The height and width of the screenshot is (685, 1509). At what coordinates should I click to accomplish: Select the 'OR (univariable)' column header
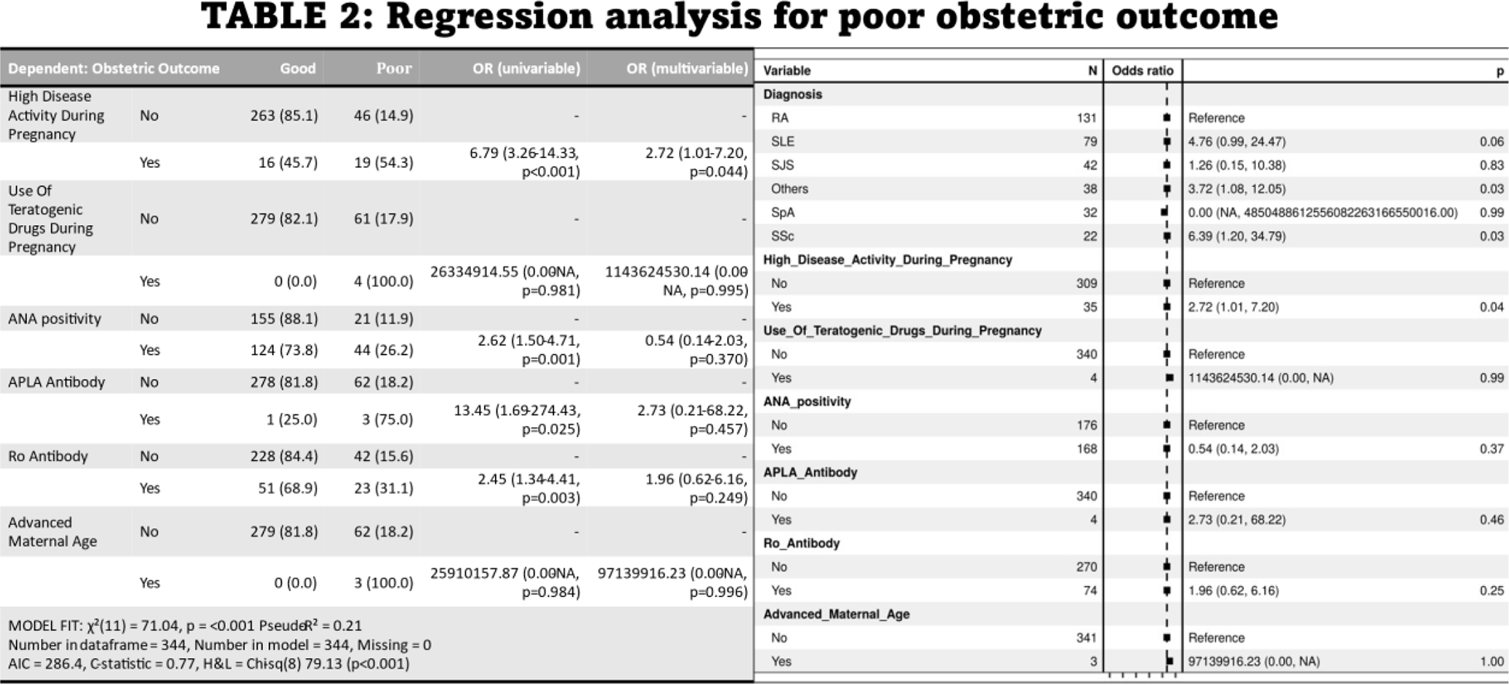[526, 69]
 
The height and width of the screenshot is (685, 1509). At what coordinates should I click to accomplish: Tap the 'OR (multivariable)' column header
[687, 69]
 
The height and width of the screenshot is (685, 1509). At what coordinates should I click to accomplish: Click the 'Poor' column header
[394, 69]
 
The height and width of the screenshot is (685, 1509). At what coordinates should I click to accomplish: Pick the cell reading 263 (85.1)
[284, 115]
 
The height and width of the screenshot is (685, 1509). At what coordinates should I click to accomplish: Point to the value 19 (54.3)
[384, 162]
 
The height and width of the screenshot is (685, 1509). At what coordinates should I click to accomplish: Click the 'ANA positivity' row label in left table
[54, 319]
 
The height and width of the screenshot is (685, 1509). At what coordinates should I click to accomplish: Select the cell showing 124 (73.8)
[284, 350]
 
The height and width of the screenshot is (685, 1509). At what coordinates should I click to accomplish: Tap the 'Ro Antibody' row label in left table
[48, 456]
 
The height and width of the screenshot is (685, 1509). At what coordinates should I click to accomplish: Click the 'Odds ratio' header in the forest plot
[1142, 71]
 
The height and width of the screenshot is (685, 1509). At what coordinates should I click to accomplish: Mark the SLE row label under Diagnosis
[782, 141]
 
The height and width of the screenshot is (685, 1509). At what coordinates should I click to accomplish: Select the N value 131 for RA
[1086, 118]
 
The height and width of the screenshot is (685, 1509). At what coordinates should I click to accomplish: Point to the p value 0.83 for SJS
[1491, 165]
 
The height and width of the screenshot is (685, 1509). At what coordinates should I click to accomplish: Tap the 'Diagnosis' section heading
[792, 94]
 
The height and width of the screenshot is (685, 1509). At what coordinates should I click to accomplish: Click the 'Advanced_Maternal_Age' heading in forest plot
[836, 615]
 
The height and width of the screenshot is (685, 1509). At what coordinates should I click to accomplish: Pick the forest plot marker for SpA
[1163, 212]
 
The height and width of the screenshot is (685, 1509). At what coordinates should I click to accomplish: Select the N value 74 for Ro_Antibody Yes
[1090, 591]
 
